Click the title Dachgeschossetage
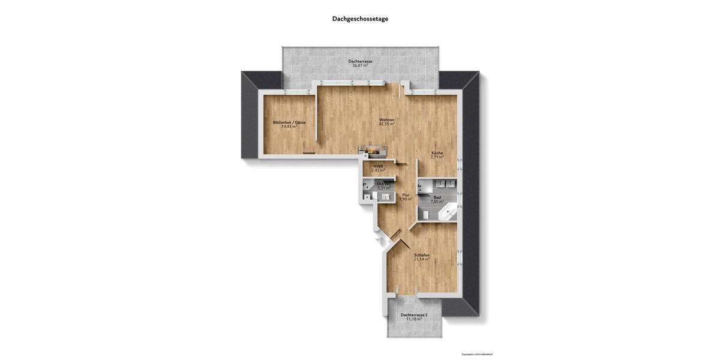click(x=360, y=19)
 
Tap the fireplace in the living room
click(x=373, y=151)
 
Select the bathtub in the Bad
click(x=446, y=212)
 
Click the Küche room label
click(x=437, y=153)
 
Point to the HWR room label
click(x=378, y=166)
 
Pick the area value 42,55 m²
click(x=387, y=124)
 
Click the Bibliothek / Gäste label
click(x=289, y=122)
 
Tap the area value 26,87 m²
click(x=361, y=65)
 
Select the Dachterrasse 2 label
click(x=413, y=315)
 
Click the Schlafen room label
click(x=422, y=255)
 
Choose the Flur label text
click(x=406, y=195)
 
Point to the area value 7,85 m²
click(x=437, y=202)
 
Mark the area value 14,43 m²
click(x=289, y=127)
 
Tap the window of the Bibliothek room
click(x=293, y=92)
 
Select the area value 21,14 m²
click(x=422, y=259)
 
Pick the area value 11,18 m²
click(x=413, y=319)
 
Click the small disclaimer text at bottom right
click(x=477, y=354)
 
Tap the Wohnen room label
click(x=387, y=120)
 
